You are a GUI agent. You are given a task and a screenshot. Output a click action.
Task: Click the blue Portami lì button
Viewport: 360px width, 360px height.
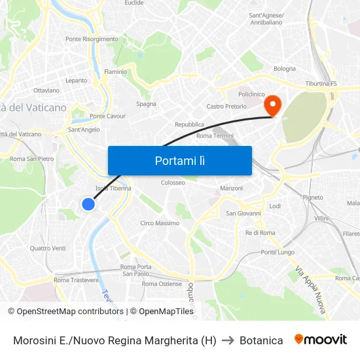179,160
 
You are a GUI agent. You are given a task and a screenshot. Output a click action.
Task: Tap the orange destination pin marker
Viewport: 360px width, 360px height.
272,105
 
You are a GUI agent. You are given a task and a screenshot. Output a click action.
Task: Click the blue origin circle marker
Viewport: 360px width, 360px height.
88,204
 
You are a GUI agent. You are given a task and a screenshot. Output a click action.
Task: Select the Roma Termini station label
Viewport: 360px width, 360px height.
215,135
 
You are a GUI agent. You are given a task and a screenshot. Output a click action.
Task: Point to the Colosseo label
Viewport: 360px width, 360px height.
173,183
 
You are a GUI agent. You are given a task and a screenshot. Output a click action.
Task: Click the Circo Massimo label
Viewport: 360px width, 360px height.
160,223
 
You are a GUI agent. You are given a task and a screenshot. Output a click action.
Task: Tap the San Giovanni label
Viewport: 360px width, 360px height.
243,213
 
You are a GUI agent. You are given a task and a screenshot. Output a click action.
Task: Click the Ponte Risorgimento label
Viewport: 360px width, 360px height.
92,39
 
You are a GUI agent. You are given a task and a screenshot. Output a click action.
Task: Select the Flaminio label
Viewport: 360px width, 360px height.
115,71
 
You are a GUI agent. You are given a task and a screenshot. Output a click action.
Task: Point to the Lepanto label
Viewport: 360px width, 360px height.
76,81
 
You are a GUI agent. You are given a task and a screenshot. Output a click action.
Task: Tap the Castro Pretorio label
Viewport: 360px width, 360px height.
226,106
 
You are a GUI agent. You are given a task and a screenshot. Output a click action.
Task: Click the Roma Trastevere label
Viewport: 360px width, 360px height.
76,280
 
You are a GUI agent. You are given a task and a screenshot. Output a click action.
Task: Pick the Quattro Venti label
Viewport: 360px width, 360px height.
48,248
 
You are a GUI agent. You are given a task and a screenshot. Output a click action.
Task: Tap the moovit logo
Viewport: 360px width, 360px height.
320,340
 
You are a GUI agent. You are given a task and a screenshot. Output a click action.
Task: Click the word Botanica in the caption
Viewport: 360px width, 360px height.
261,340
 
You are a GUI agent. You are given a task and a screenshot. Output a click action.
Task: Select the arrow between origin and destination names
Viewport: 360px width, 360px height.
228,340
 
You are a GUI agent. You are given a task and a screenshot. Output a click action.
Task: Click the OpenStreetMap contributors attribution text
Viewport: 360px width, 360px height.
65,312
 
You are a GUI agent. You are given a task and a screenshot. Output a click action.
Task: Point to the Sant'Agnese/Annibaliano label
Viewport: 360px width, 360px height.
266,19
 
